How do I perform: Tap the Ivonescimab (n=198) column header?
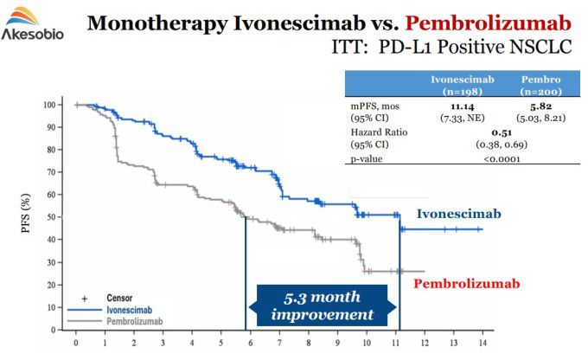tap(462, 84)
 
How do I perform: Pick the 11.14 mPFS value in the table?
tap(462, 105)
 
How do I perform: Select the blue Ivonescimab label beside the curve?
tap(459, 214)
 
